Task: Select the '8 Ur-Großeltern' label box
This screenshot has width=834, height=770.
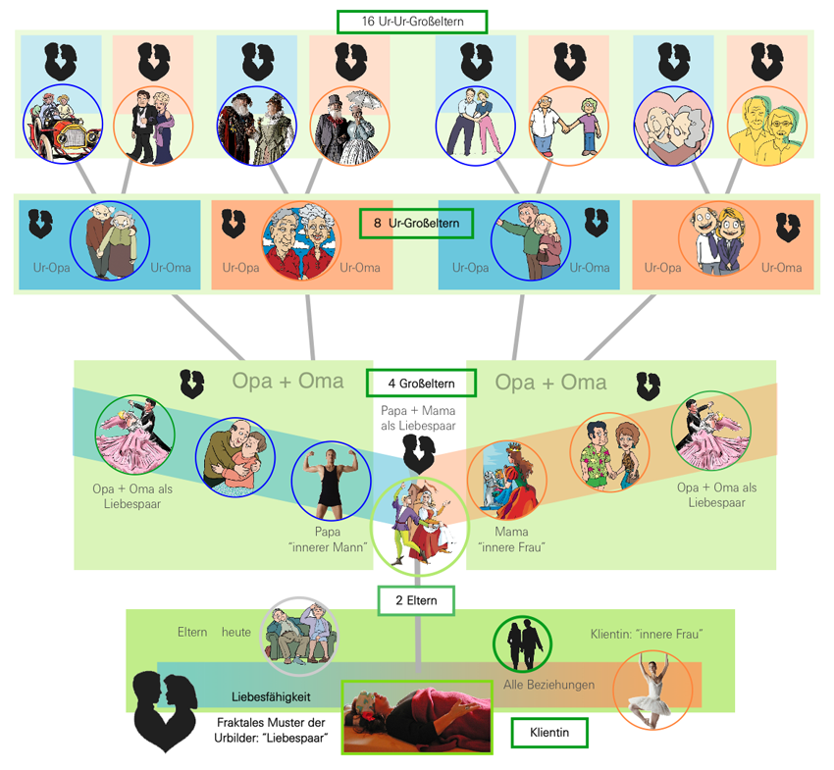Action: [x=416, y=224]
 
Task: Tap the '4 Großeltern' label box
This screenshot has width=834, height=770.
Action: [x=421, y=383]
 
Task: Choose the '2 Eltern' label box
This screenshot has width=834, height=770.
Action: [x=417, y=599]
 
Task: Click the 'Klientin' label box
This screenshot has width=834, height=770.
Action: [x=549, y=733]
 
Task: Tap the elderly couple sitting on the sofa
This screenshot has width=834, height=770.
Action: [x=299, y=637]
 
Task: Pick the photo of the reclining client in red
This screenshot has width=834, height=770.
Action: [x=417, y=717]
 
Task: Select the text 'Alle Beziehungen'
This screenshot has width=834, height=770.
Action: [x=548, y=685]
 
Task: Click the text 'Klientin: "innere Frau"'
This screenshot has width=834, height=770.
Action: [x=647, y=635]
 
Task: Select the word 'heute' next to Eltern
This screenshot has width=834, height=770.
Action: [x=236, y=633]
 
